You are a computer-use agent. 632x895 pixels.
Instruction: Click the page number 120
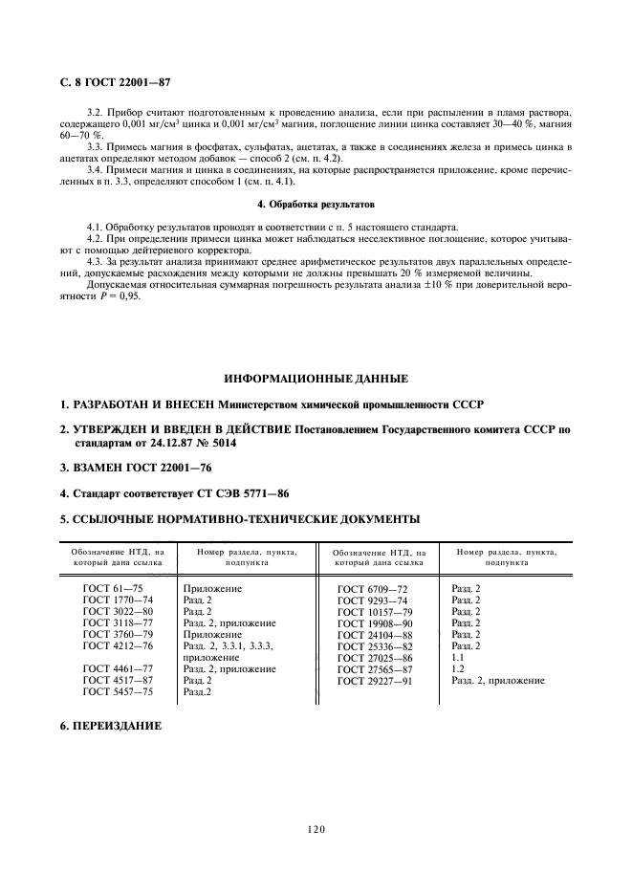316,830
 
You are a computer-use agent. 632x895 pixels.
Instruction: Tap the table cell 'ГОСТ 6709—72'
372,589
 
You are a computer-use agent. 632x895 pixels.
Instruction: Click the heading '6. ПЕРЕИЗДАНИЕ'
111,727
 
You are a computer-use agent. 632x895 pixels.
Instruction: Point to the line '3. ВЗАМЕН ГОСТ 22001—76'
129,469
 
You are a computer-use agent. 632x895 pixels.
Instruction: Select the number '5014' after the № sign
222,445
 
